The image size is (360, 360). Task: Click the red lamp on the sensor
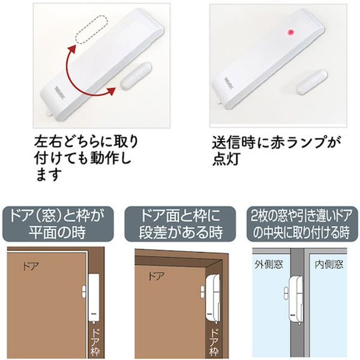point(291,32)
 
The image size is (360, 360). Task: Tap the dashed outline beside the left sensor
point(92,29)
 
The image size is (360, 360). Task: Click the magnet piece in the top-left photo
point(136,75)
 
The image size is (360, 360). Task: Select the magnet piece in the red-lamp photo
point(311,82)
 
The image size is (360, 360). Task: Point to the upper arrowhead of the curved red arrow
point(73,49)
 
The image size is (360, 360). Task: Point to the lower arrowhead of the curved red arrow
point(111,91)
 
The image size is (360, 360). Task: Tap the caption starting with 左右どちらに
point(86,158)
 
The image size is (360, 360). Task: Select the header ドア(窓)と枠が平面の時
point(58,224)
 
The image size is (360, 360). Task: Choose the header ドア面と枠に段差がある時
point(180,224)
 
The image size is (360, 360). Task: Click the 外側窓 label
point(269,265)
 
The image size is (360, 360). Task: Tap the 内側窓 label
point(329,265)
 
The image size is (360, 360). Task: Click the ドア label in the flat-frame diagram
point(31,266)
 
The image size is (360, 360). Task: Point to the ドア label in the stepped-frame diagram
point(157,276)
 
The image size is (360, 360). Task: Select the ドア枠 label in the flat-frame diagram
point(95,342)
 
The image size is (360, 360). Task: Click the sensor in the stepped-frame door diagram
point(212,298)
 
